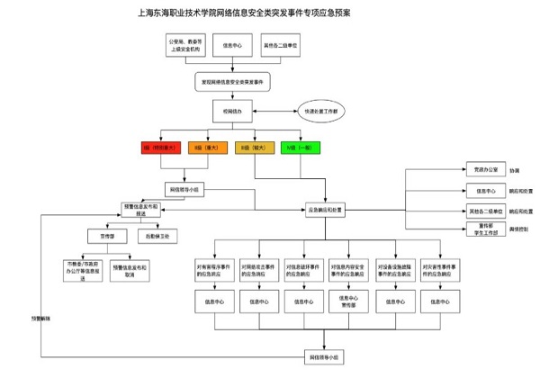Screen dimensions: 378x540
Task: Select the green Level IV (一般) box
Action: pyautogui.click(x=300, y=147)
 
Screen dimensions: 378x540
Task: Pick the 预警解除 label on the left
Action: pyautogui.click(x=43, y=319)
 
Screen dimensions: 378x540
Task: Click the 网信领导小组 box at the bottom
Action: pyautogui.click(x=325, y=358)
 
